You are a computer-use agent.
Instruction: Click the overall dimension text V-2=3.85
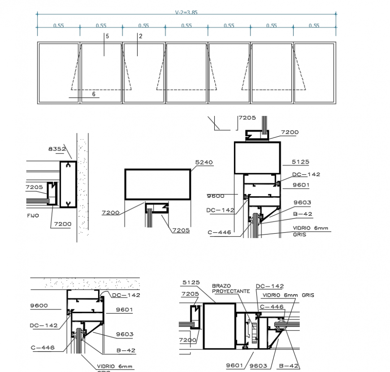point(186,13)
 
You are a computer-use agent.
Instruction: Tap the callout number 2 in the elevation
point(141,36)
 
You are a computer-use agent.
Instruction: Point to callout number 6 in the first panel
point(94,94)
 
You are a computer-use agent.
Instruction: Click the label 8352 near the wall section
point(57,148)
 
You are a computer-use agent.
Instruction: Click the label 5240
point(204,162)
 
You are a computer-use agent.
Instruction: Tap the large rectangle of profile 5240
point(158,184)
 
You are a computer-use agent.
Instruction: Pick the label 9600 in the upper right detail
point(216,196)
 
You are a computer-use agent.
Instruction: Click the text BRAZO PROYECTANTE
point(225,288)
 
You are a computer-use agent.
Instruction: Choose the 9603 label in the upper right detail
point(302,203)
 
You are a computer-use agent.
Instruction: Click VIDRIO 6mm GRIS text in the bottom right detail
point(288,295)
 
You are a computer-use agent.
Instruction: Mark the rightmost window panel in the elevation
point(314,73)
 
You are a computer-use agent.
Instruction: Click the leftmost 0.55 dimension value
point(58,26)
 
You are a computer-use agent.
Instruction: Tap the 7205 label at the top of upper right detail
point(247,118)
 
